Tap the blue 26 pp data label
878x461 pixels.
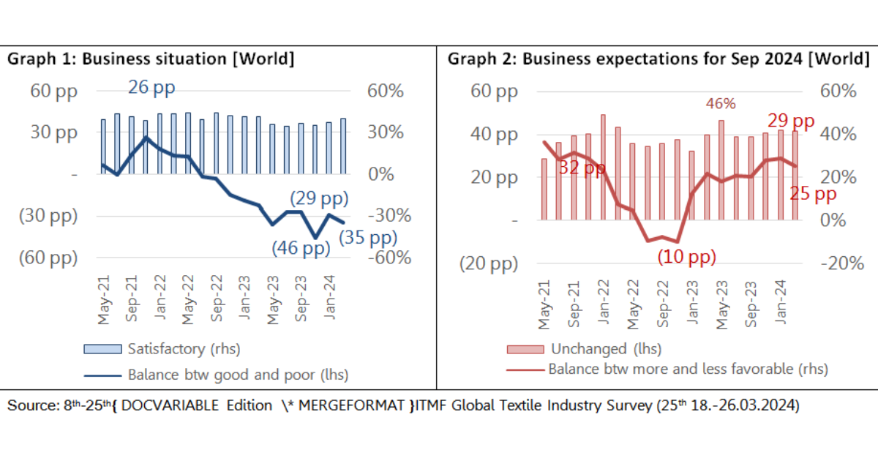(x=151, y=89)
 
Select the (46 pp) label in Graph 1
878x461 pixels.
(x=301, y=248)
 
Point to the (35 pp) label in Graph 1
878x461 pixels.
(x=367, y=237)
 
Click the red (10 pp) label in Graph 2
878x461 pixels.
(x=686, y=258)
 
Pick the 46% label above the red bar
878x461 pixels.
(x=720, y=104)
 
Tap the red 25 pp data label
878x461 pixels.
(x=813, y=194)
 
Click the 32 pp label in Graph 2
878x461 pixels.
(x=582, y=168)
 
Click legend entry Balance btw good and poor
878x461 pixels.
(x=237, y=375)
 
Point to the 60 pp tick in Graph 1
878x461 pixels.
(x=53, y=91)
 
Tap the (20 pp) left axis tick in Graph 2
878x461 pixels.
(x=488, y=264)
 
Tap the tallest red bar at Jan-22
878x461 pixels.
(x=604, y=167)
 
